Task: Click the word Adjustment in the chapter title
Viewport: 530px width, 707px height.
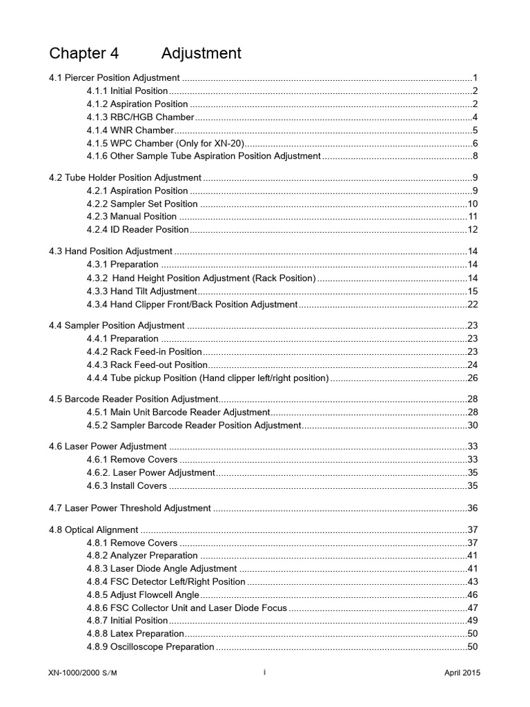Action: coord(202,53)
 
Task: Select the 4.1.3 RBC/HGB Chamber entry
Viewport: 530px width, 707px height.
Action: coord(140,117)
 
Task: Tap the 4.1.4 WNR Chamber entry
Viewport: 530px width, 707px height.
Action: coord(130,130)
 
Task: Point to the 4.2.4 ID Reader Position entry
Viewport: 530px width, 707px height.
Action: coord(137,229)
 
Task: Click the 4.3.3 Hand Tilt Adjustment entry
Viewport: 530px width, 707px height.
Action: coord(141,291)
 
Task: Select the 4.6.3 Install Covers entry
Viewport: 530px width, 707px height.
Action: coord(126,485)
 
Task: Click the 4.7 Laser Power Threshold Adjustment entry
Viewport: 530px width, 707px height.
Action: coord(130,508)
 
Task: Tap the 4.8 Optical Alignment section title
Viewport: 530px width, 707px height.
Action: coord(94,530)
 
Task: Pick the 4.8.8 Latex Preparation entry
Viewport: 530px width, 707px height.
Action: coord(135,633)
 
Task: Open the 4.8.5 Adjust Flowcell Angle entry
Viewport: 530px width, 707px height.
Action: coord(143,594)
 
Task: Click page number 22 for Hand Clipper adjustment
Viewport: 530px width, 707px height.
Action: coord(473,304)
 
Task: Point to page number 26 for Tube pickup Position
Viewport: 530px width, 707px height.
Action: coord(473,378)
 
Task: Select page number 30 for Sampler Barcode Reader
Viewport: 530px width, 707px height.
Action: coord(473,425)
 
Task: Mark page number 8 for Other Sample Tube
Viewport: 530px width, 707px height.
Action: coord(475,156)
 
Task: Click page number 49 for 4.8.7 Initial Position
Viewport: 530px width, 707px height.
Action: coord(473,620)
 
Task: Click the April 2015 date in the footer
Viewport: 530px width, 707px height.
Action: coord(462,673)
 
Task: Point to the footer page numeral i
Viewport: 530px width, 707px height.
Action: coord(265,672)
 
